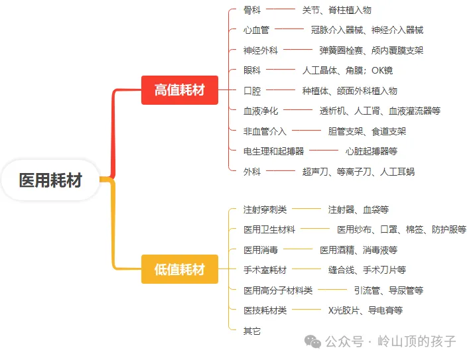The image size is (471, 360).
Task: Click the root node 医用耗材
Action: click(x=50, y=180)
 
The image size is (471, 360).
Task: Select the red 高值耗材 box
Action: click(x=179, y=90)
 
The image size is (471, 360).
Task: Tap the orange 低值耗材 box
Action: click(x=179, y=269)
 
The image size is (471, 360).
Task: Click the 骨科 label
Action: click(x=252, y=10)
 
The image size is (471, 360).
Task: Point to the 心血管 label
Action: click(x=256, y=30)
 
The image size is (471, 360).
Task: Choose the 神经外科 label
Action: click(x=261, y=50)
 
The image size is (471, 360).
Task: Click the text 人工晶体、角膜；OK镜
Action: click(x=347, y=70)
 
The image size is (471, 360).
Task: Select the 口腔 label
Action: click(x=252, y=91)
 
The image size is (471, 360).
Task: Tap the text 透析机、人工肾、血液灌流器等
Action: click(x=379, y=111)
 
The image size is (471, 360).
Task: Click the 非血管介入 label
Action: click(x=265, y=131)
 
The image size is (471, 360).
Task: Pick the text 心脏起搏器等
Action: click(x=371, y=151)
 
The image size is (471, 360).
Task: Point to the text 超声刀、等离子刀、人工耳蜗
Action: click(x=358, y=172)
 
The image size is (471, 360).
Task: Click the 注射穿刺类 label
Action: click(x=265, y=210)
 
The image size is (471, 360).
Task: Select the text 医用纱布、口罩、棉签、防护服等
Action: click(x=401, y=229)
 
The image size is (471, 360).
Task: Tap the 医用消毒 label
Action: click(x=261, y=250)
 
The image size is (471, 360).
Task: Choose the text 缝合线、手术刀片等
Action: click(x=367, y=270)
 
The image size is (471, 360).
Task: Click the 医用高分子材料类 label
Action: click(x=278, y=290)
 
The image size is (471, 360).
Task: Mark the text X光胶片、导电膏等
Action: click(x=366, y=310)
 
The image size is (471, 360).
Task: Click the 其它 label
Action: click(x=252, y=330)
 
